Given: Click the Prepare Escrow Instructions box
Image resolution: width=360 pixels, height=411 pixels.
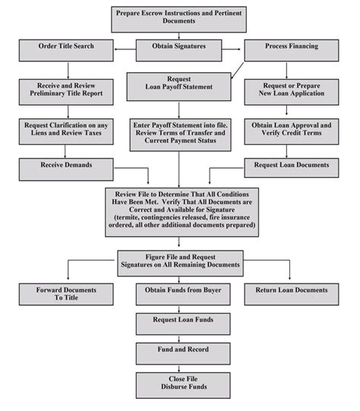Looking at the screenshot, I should click(x=179, y=16).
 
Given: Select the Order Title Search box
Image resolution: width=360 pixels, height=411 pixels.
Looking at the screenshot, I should click(x=66, y=47).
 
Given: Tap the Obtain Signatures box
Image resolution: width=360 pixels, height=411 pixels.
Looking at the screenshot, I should click(x=180, y=47).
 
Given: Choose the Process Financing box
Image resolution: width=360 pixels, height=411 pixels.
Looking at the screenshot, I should click(x=292, y=47).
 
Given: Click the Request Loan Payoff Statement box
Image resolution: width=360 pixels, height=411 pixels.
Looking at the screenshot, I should click(x=180, y=84).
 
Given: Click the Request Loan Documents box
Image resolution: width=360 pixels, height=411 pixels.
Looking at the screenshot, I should click(x=292, y=164).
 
